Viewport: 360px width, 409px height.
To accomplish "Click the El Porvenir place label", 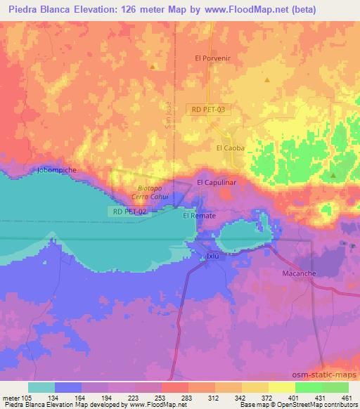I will [x=213, y=58].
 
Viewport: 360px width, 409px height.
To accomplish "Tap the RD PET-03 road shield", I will [x=207, y=110].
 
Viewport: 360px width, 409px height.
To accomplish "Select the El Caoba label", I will [x=229, y=148].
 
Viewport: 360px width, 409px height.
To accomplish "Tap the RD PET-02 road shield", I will [x=128, y=212].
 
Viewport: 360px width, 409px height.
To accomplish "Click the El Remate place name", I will [x=199, y=216].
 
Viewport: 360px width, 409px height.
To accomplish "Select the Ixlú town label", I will [x=213, y=257].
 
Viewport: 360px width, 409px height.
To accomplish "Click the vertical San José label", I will [x=167, y=112].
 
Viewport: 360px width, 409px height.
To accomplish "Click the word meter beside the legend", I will [x=11, y=397].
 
